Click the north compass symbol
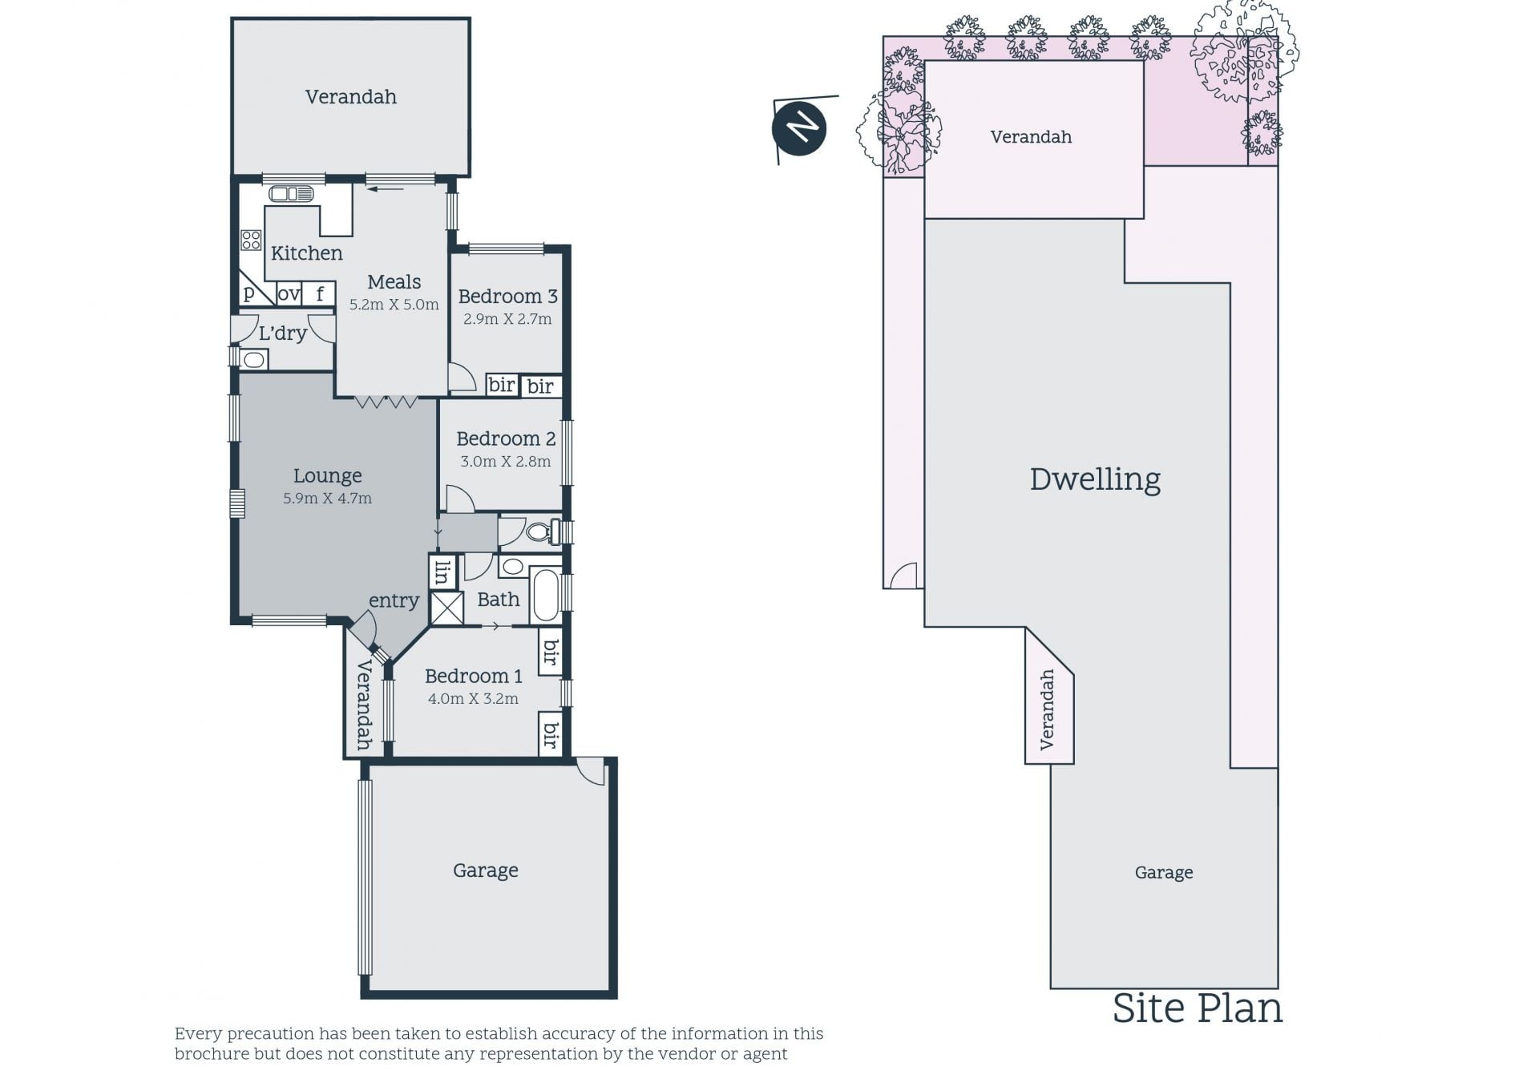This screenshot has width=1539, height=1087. pos(798,128)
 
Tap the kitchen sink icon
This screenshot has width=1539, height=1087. pos(291,194)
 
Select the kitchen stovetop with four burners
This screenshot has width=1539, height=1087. pos(251,240)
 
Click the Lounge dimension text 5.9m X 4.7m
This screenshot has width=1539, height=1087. pos(327,498)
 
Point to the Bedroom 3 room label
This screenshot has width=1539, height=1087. pos(507,296)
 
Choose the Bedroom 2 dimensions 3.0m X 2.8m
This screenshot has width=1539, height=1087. pos(505,461)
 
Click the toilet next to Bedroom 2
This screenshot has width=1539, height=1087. pos(543,531)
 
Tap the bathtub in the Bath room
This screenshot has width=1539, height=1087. pos(546,594)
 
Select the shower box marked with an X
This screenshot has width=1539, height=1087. pos(447,608)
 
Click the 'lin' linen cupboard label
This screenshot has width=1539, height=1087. pos(442,572)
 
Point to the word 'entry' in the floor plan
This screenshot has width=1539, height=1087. pos(394,600)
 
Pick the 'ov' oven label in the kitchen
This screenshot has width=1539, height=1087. pos(289,294)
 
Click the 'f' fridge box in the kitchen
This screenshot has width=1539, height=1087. pos(319,294)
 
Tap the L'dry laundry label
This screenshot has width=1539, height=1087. pos(282,333)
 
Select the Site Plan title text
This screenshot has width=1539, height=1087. pos(1198,1008)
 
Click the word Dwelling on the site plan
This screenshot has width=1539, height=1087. pos(1095,479)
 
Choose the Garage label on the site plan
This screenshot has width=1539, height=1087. pos(1164,872)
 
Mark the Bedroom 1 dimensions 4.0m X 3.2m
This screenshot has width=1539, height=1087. pos(473,698)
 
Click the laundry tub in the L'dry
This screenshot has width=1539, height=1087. pos(253,360)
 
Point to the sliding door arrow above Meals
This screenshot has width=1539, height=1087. pos(386,189)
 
